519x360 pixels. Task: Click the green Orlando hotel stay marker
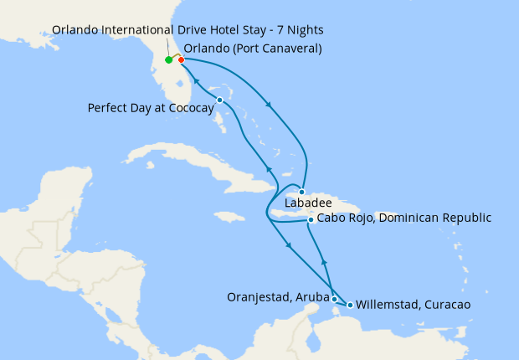[x=168, y=60]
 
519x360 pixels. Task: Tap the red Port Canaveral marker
[x=181, y=59]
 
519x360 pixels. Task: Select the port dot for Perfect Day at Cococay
[x=219, y=100]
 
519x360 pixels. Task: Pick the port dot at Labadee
[x=302, y=192]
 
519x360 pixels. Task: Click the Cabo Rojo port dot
[x=311, y=220]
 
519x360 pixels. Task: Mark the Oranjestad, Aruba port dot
[x=334, y=299]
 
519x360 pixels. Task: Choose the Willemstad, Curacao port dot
[x=349, y=305]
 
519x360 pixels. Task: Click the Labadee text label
[x=308, y=203]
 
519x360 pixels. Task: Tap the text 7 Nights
[x=298, y=30]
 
